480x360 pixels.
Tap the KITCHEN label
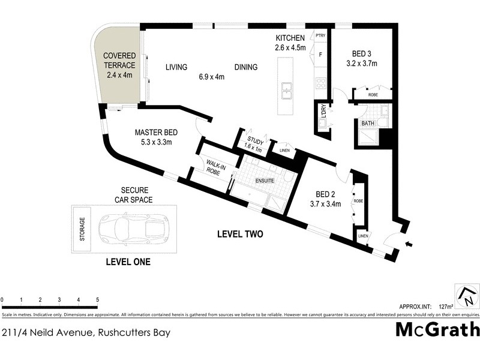(290, 38)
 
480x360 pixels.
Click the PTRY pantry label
(320, 36)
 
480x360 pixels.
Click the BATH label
(368, 124)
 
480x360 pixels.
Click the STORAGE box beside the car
(83, 228)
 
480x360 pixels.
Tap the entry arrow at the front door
(410, 244)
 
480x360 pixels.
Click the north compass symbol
(467, 296)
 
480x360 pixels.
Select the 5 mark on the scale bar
(97, 299)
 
